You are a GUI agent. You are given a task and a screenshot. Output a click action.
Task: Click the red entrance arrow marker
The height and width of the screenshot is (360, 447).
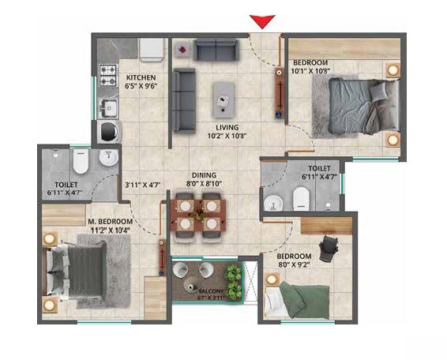[261, 21]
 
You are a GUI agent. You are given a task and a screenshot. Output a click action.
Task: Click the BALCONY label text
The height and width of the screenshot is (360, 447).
[203, 291]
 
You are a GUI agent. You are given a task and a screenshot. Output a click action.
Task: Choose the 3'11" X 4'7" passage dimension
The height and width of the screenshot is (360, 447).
[142, 186]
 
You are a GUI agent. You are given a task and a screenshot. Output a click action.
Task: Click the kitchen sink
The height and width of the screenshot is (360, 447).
[108, 107]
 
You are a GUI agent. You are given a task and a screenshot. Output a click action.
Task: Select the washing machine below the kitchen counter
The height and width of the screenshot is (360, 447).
[107, 131]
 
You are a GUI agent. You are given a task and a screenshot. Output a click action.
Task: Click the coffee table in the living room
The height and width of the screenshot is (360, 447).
[227, 99]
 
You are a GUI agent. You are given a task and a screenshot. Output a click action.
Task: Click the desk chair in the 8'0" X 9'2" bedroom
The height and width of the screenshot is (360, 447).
[331, 245]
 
